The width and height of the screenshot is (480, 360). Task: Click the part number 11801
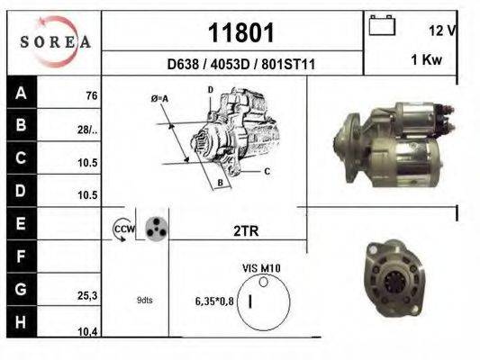pyautogui.click(x=240, y=33)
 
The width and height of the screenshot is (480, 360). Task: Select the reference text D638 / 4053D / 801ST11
pyautogui.click(x=240, y=65)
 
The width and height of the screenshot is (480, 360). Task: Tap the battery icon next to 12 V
pyautogui.click(x=382, y=26)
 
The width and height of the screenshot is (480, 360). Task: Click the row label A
pyautogui.click(x=20, y=94)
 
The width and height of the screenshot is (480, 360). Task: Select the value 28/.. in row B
pyautogui.click(x=87, y=130)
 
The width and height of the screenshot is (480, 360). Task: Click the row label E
pyautogui.click(x=20, y=221)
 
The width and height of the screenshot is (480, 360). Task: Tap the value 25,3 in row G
pyautogui.click(x=87, y=293)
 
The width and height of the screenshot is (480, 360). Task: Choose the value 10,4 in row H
pyautogui.click(x=87, y=332)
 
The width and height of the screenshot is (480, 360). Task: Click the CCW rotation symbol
pyautogui.click(x=122, y=230)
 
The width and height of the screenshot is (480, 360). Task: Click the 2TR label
pyautogui.click(x=246, y=231)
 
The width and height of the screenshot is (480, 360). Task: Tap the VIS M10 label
pyautogui.click(x=262, y=268)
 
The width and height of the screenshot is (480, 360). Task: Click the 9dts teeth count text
pyautogui.click(x=144, y=301)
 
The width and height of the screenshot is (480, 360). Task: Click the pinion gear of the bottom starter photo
pyautogui.click(x=394, y=281)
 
